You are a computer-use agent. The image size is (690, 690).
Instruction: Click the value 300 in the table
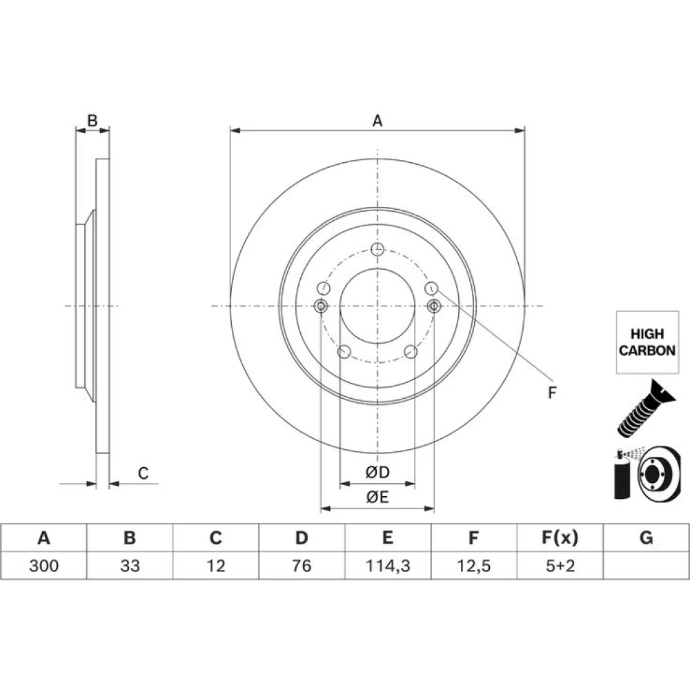pos(43,566)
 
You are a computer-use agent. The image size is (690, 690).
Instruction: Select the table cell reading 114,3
pos(388,566)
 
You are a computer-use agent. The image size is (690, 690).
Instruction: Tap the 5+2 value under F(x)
pos(560,566)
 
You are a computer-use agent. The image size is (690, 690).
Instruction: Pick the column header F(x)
pos(560,538)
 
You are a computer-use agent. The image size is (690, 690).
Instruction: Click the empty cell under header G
pos(646,566)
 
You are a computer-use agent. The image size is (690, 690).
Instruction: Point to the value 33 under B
pos(130,566)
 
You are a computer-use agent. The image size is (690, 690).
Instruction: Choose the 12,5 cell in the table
pos(473,566)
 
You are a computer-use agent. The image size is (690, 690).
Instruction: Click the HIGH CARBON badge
pos(647,342)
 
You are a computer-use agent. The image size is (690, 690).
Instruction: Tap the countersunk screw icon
pos(645,408)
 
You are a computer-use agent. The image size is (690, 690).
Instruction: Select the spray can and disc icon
pos(647,473)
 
